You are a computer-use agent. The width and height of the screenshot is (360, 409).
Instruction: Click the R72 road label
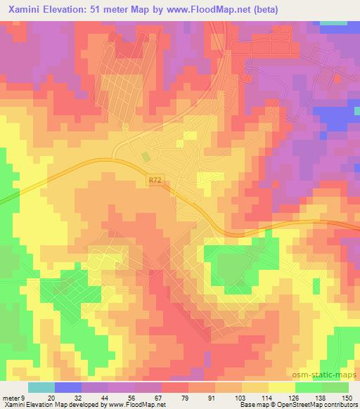click(157, 181)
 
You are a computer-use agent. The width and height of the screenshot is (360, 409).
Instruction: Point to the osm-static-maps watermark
click(330, 373)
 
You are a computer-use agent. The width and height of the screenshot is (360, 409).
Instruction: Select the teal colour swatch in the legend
click(41, 387)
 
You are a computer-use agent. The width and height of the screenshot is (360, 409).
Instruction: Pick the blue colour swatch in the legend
click(67, 387)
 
